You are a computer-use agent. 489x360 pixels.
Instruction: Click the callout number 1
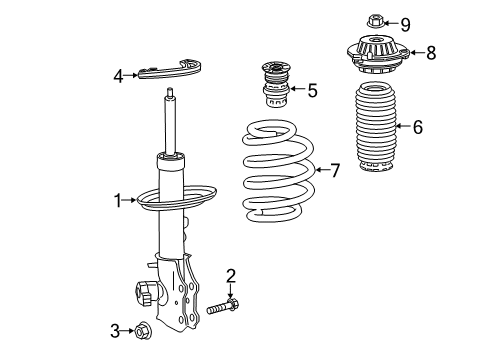pyautogui.click(x=119, y=201)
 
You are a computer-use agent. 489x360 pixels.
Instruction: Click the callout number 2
pyautogui.click(x=230, y=275)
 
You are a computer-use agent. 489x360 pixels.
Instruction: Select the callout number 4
pyautogui.click(x=118, y=74)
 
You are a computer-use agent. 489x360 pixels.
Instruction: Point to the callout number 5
pyautogui.click(x=312, y=91)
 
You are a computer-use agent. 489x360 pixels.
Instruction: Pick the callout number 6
pyautogui.click(x=417, y=127)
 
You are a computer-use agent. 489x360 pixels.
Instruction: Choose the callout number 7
pyautogui.click(x=336, y=171)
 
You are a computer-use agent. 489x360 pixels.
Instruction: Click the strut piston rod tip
pyautogui.click(x=171, y=95)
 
